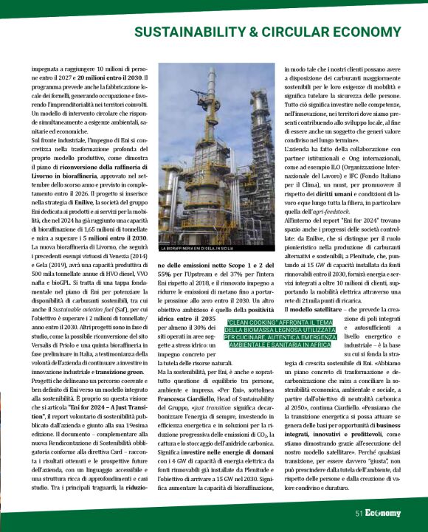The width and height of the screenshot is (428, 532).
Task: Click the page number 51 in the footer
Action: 359,511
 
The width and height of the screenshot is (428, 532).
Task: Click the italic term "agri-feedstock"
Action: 338,210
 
